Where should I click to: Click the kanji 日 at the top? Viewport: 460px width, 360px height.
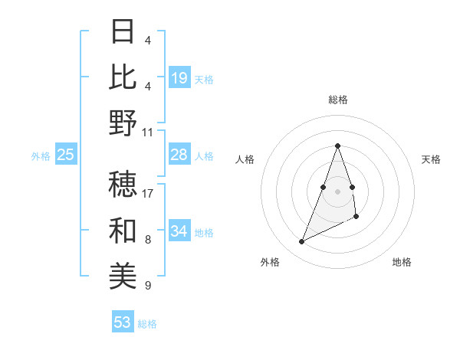point(123,31)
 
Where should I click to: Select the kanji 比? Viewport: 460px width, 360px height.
point(123,77)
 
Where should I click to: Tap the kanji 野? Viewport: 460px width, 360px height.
point(123,123)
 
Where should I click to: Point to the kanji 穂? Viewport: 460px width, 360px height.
point(123,185)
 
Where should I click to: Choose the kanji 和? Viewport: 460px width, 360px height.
point(123,231)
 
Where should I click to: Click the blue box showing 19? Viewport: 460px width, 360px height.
point(179,78)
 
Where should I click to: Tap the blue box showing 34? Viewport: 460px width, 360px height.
point(179,231)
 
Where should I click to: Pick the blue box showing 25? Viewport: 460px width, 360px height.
point(65,155)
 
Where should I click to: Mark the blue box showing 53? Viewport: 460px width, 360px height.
point(123,322)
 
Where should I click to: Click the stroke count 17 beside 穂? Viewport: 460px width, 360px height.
point(148,194)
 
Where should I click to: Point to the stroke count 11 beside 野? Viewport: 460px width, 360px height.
point(148,132)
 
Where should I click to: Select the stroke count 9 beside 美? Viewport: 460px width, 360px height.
point(148,286)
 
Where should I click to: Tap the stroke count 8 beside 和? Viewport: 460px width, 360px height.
point(148,240)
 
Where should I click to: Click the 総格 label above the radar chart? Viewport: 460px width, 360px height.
point(338,100)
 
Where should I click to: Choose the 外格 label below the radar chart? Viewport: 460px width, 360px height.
point(270,262)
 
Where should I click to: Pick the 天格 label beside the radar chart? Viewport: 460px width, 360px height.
point(432,159)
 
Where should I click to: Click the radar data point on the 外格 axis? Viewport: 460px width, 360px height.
point(302,242)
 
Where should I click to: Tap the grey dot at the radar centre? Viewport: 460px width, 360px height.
point(338,191)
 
